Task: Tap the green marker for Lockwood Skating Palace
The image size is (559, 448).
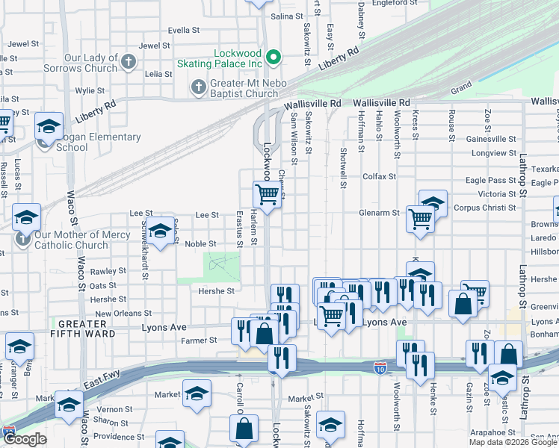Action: [274, 56]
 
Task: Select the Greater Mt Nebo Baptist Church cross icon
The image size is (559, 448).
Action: [199, 87]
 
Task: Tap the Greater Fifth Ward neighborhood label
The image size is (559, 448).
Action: [87, 329]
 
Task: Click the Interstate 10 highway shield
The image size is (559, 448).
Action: [380, 367]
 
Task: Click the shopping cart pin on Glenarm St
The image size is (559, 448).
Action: [421, 220]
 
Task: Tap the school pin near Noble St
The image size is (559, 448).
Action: [159, 233]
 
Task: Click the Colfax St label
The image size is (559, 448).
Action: [378, 176]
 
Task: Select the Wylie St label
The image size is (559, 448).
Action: [90, 91]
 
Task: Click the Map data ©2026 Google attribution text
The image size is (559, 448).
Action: [512, 442]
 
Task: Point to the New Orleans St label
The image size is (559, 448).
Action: [123, 314]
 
